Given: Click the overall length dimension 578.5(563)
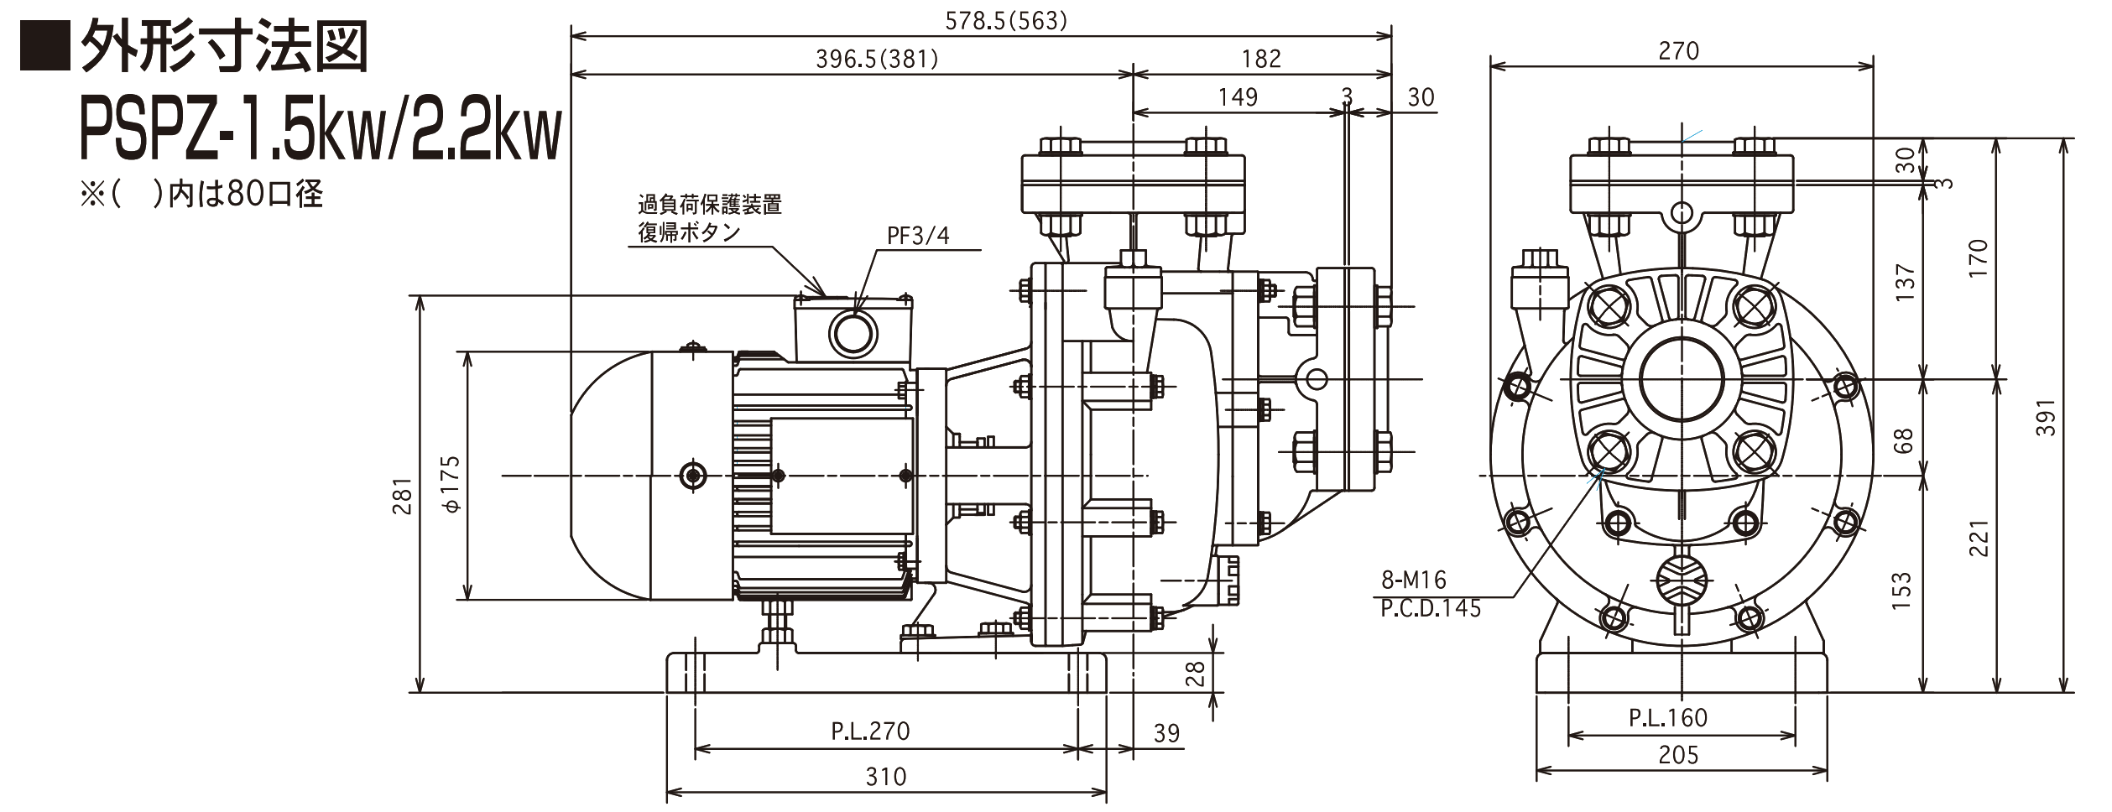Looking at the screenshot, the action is pos(1005,21).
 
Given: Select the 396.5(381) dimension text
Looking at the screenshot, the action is pos(877,59).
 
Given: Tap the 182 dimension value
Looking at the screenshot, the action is pos(1261,59).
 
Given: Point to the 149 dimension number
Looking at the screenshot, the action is pos(1238,97).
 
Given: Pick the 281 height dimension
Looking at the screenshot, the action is pos(404,496).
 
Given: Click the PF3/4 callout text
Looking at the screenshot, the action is pos(918,236).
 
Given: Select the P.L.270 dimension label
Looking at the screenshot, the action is pos(870,731).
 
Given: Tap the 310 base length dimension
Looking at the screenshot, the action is pos(886,777).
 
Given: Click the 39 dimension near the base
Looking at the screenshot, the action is pos(1166,733).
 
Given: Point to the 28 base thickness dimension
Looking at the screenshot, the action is pos(1196,674).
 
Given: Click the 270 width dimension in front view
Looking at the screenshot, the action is pos(1678,51).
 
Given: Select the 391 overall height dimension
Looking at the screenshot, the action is pos(2047,417).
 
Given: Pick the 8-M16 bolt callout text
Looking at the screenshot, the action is pos(1414,580).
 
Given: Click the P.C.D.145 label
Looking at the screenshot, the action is pos(1431,608).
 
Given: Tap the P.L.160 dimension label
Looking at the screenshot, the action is pos(1668,718).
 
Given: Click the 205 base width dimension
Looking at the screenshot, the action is pos(1678,755).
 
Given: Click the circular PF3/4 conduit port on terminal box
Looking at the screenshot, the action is pos(854,334).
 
